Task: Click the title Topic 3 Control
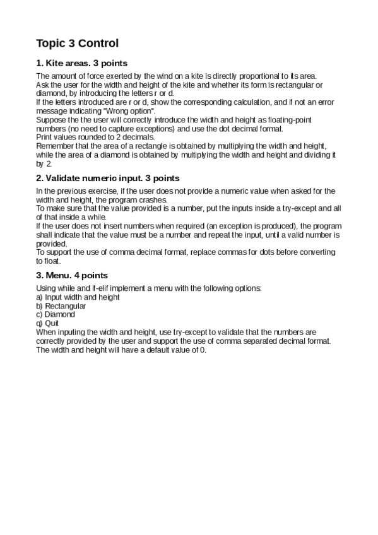pos(77,44)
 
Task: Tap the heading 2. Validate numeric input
pos(108,179)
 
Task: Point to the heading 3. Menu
pos(72,275)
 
